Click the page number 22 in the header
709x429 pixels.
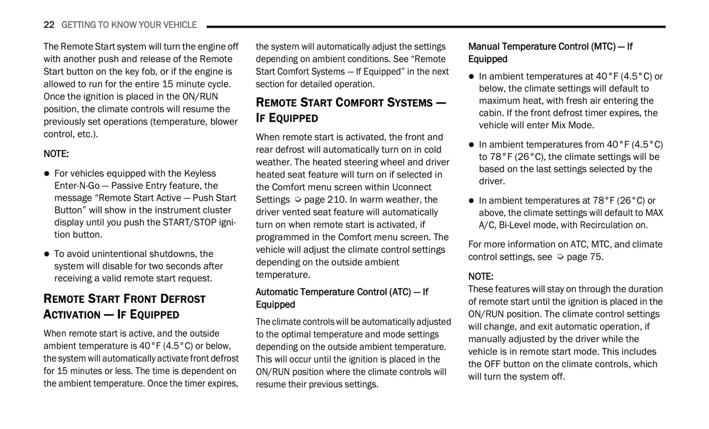[49, 25]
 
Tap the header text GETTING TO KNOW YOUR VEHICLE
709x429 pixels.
[129, 25]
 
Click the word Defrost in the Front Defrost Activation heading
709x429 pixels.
[183, 299]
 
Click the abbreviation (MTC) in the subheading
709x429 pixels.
[603, 47]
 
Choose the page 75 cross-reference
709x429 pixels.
[585, 257]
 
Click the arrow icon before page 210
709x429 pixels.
[297, 200]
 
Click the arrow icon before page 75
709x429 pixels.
[560, 257]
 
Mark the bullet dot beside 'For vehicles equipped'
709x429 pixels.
[47, 174]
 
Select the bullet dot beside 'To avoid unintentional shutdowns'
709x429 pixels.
[47, 254]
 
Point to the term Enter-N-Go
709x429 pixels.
[77, 186]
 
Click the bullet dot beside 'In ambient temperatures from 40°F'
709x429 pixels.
[472, 145]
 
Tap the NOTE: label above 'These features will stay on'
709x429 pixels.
[481, 276]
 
